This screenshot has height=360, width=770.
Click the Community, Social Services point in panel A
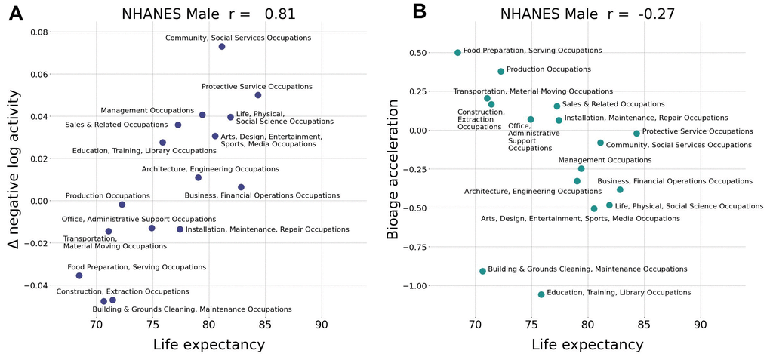pyautogui.click(x=222, y=47)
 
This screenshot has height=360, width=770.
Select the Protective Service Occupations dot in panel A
pyautogui.click(x=257, y=95)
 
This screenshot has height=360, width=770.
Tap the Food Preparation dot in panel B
pyautogui.click(x=458, y=53)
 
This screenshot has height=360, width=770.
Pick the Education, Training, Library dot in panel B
pyautogui.click(x=541, y=294)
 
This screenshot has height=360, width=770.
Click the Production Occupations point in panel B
pyautogui.click(x=500, y=72)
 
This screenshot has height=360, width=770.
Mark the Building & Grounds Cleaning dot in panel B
pyautogui.click(x=482, y=271)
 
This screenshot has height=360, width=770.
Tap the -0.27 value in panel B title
pyautogui.click(x=654, y=14)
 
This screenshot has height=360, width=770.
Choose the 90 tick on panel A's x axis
pyautogui.click(x=322, y=325)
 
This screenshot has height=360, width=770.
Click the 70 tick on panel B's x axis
pyautogui.click(x=475, y=325)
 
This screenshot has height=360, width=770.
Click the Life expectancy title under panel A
pyautogui.click(x=208, y=345)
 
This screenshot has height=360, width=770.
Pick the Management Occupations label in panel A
pyautogui.click(x=147, y=111)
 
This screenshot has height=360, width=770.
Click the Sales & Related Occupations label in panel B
pyautogui.click(x=613, y=104)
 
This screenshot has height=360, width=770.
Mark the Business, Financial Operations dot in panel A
pyautogui.click(x=241, y=187)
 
